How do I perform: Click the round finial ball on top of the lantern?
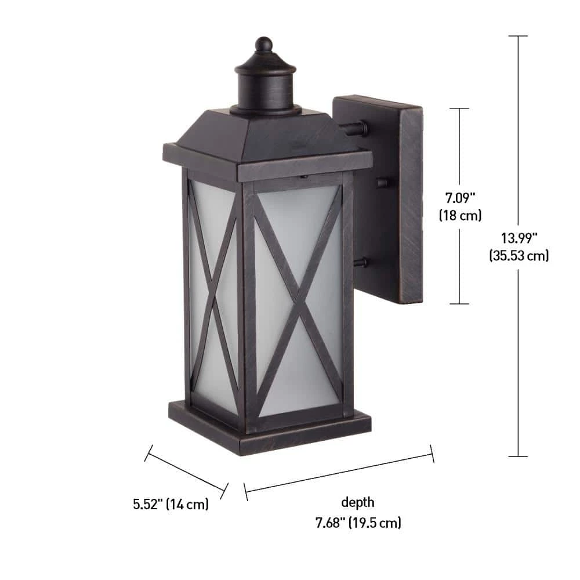coord(264,44)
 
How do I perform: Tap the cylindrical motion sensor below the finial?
coord(266,89)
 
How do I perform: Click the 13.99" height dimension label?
coord(519,238)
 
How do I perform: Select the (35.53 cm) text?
coord(519,255)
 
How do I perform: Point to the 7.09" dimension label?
coord(460,198)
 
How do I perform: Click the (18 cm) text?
coord(460,215)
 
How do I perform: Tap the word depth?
coord(358,502)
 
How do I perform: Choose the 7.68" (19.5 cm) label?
coord(358,523)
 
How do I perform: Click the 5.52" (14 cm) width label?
coord(171,504)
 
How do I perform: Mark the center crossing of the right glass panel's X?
coord(299,299)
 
